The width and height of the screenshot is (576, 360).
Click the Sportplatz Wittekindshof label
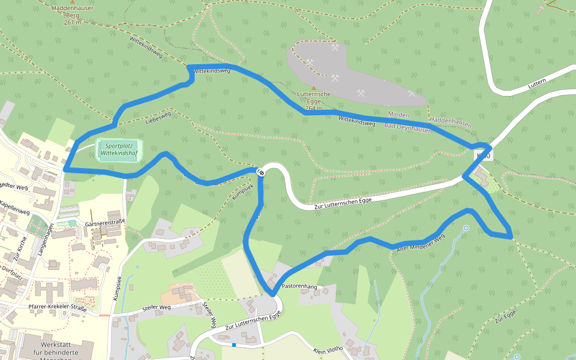pos(118,149)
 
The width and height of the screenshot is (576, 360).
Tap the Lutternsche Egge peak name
pos(314,98)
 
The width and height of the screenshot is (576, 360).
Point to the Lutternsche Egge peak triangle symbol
pos(313,88)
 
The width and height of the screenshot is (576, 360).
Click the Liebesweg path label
pos(158,118)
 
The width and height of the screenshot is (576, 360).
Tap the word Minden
pos(398,115)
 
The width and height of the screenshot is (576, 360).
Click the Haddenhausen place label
pos(451,121)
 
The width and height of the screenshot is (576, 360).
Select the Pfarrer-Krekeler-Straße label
pos(58,308)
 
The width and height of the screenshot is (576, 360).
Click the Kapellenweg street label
pos(15,208)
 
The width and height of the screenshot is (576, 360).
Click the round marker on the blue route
pos(261,173)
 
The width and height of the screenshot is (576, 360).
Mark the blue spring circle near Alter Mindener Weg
pos(466,228)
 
